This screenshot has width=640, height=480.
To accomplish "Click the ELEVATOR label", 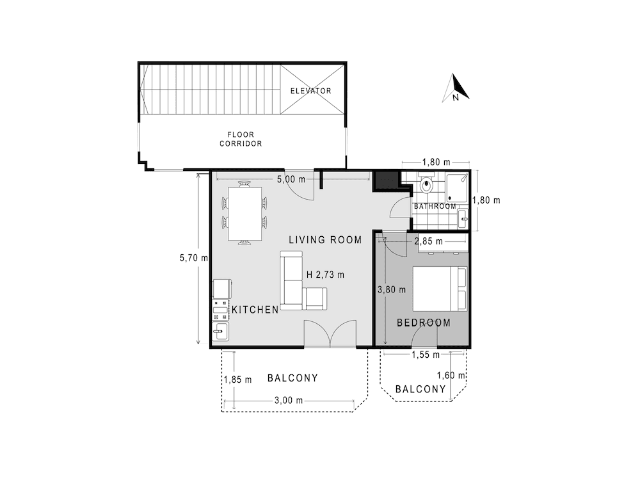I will (310, 91).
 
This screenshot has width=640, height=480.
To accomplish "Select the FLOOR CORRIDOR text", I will (241, 139).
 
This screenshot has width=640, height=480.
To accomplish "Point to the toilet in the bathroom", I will (426, 186).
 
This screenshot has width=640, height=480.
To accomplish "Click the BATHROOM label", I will (435, 206).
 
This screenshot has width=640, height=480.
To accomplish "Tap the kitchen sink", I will (220, 332).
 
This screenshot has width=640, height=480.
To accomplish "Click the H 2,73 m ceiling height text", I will (325, 275).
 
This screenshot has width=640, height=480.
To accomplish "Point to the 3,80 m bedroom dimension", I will (392, 289).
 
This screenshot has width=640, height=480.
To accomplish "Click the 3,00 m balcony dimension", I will (288, 400).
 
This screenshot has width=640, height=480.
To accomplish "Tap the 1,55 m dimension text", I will (425, 354).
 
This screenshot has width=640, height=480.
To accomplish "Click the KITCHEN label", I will (255, 310).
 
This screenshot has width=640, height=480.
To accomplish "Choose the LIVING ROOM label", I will (324, 240).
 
